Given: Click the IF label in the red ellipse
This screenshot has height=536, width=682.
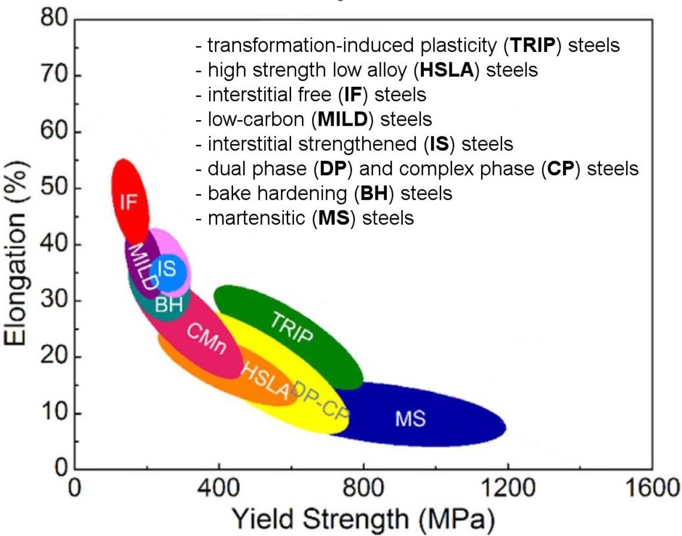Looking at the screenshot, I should [129, 202].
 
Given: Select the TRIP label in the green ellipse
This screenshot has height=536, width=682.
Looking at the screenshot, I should [291, 327].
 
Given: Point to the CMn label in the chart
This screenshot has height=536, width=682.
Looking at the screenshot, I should [206, 340].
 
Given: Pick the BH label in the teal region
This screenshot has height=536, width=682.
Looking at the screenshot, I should [169, 305].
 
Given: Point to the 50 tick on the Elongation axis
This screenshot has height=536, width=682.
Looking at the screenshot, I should [56, 188].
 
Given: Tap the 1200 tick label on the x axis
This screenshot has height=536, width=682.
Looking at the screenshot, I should [507, 491].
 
